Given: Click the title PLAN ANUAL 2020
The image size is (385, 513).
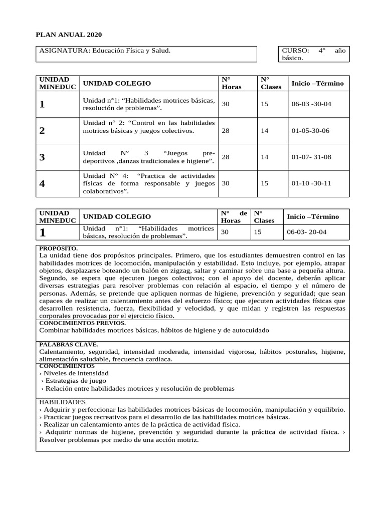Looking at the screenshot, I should [x=69, y=35].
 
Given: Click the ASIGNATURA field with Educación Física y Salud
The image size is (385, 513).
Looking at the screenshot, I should [x=105, y=51].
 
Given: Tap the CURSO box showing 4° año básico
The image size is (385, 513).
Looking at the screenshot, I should [x=314, y=54].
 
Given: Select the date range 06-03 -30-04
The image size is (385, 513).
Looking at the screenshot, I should [x=311, y=104].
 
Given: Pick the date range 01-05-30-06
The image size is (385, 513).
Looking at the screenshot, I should [x=310, y=131].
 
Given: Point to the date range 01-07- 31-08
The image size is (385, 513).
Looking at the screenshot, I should [x=311, y=157].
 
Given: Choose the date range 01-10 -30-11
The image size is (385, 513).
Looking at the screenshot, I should [x=311, y=183].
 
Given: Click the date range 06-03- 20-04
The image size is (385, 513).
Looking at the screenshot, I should [x=306, y=232].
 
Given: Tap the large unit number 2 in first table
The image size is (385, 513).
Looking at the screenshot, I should [x=42, y=131].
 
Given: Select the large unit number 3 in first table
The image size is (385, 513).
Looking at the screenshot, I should [x=42, y=157].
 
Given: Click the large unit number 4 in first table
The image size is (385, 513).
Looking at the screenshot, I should [x=42, y=184].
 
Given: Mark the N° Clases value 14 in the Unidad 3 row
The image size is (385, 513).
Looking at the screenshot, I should [x=264, y=157].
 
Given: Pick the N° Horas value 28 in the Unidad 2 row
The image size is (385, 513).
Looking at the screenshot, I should [x=226, y=131].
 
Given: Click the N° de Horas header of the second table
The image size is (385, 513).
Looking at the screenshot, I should [x=234, y=216].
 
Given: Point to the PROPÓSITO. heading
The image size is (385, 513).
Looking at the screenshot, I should [x=59, y=248].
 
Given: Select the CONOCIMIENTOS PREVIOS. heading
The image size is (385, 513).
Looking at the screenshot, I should [x=83, y=323].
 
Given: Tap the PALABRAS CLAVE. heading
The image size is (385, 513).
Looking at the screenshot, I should [x=69, y=345].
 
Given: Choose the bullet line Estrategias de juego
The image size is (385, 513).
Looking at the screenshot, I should [x=74, y=381].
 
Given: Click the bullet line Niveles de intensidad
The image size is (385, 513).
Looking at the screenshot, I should [x=74, y=373].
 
